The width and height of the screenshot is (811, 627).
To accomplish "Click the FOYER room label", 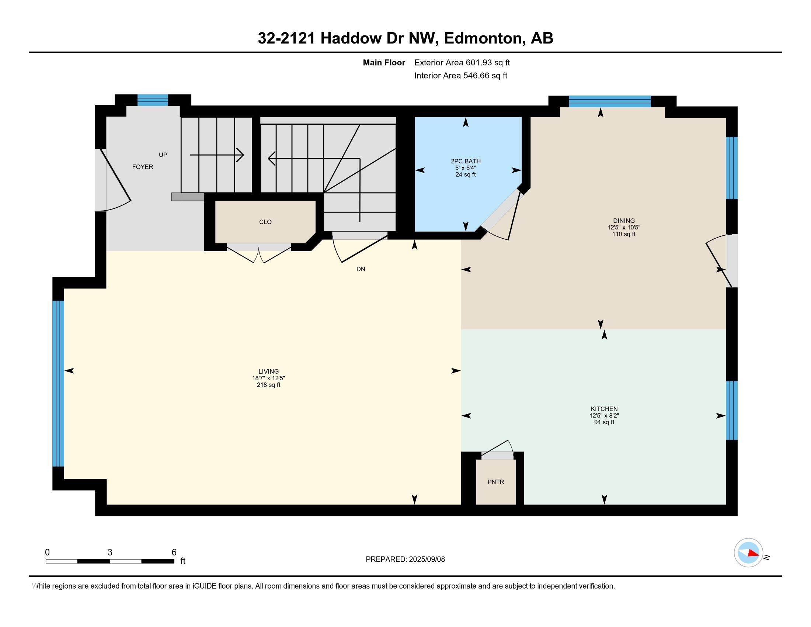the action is click(x=143, y=167).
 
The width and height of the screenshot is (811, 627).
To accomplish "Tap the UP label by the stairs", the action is click(x=163, y=155).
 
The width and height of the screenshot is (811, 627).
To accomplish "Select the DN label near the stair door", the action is click(x=361, y=269).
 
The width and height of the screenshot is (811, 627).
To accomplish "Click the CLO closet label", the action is click(x=265, y=222).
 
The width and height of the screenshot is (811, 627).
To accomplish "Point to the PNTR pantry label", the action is click(x=496, y=482).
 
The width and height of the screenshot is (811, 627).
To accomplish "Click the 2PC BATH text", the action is click(x=466, y=161).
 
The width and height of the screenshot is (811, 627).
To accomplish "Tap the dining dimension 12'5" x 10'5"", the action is click(x=624, y=227).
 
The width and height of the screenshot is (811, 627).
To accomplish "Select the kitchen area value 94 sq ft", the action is click(x=604, y=422).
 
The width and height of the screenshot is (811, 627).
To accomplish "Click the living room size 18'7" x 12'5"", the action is click(x=268, y=378).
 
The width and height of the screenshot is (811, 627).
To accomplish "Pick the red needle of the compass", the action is click(x=753, y=553).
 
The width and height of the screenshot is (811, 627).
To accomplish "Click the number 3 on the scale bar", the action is click(x=110, y=552).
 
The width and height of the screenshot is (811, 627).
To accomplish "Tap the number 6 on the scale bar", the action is click(x=174, y=552).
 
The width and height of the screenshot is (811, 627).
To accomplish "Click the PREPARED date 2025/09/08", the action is click(x=427, y=559).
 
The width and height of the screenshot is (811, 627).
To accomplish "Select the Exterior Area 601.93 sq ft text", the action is click(x=462, y=62).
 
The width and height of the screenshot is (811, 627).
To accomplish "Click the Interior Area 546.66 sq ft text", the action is click(x=460, y=75).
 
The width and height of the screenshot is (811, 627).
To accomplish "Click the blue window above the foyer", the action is click(x=153, y=100).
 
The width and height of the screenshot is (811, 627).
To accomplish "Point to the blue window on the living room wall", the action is click(x=58, y=383).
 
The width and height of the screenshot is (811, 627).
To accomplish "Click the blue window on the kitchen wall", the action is click(x=731, y=410).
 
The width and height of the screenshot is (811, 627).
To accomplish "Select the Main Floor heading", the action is click(x=384, y=62).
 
